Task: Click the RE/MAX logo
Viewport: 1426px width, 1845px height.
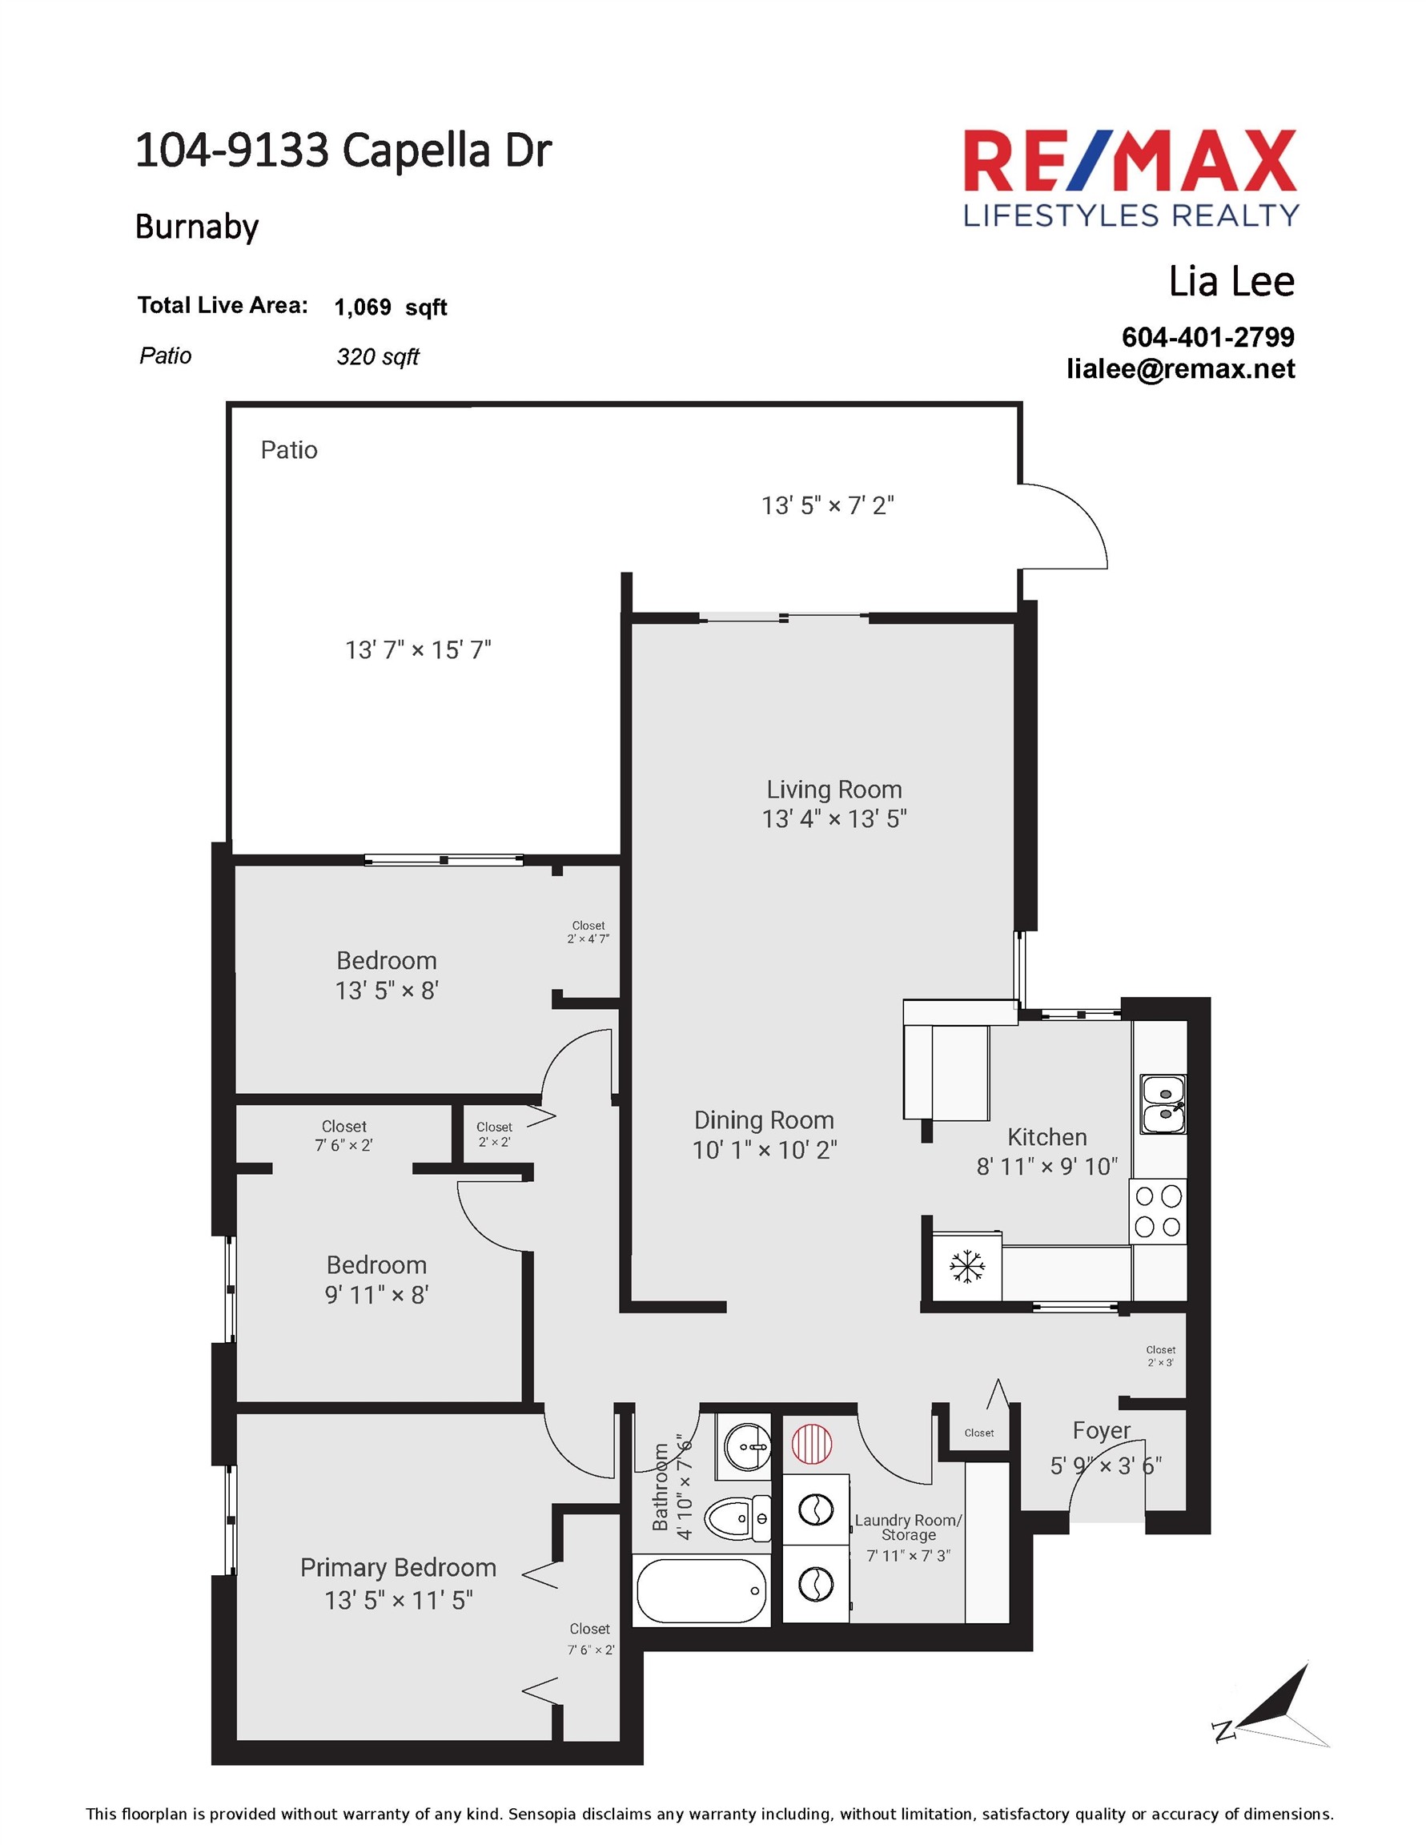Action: (x=1131, y=179)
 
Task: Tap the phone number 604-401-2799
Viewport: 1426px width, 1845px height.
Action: (x=1207, y=337)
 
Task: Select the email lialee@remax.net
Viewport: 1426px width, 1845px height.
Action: (x=1180, y=369)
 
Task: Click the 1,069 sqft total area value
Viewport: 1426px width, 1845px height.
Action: (x=390, y=307)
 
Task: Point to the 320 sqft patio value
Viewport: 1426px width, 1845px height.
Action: (x=377, y=356)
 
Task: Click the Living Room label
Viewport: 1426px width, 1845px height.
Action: (x=834, y=790)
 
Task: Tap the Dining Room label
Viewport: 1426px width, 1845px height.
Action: (x=764, y=1120)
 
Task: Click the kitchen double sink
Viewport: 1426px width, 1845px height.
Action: (x=1163, y=1104)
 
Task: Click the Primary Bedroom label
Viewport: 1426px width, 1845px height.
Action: (x=398, y=1568)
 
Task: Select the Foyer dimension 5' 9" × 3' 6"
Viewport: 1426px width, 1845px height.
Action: (x=1105, y=1465)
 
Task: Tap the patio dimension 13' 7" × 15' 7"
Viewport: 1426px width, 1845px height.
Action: (x=417, y=650)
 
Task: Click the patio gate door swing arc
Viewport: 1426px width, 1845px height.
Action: (x=1073, y=520)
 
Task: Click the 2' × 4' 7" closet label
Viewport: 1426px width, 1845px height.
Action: (x=588, y=933)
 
